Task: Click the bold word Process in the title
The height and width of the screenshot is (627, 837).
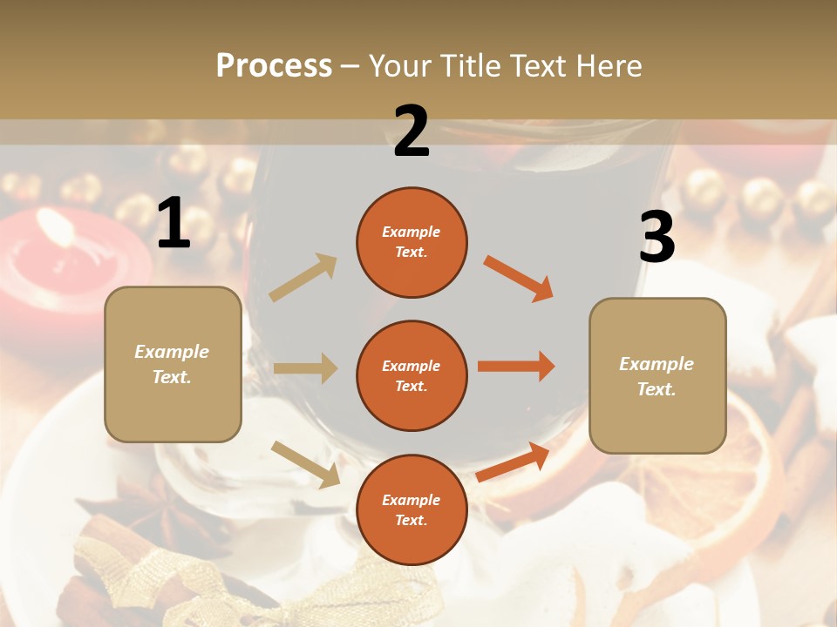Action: point(274,65)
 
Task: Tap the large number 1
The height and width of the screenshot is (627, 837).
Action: point(174,224)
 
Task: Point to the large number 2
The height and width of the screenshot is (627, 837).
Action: point(412,131)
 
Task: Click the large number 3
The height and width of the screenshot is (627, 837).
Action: point(657,237)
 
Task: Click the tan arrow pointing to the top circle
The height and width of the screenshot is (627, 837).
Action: point(303,278)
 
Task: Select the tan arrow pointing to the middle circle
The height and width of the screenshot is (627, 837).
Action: point(305,368)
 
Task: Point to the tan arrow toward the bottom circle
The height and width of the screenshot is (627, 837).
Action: point(305,463)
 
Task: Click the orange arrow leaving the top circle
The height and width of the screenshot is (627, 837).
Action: point(518,279)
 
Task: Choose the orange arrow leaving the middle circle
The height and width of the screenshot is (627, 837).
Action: point(516,366)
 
